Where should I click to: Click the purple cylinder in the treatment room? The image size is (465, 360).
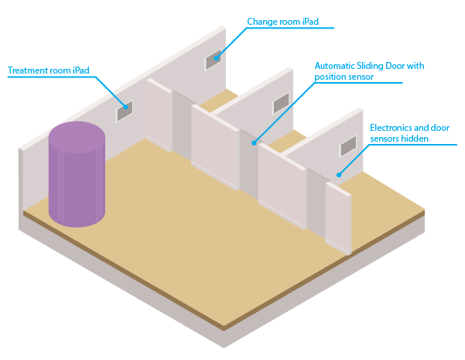tap(77, 182)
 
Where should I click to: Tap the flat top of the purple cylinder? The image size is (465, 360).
tap(77, 136)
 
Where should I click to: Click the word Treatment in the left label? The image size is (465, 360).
tap(26, 70)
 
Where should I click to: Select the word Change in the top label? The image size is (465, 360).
tap(260, 21)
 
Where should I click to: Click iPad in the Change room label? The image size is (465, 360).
tap(310, 21)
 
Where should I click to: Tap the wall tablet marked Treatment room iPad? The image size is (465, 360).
tap(125, 112)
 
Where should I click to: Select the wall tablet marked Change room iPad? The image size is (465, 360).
tap(214, 60)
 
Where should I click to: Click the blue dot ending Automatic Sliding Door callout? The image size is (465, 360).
tap(254, 144)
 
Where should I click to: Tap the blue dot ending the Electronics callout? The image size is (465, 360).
tap(338, 174)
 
